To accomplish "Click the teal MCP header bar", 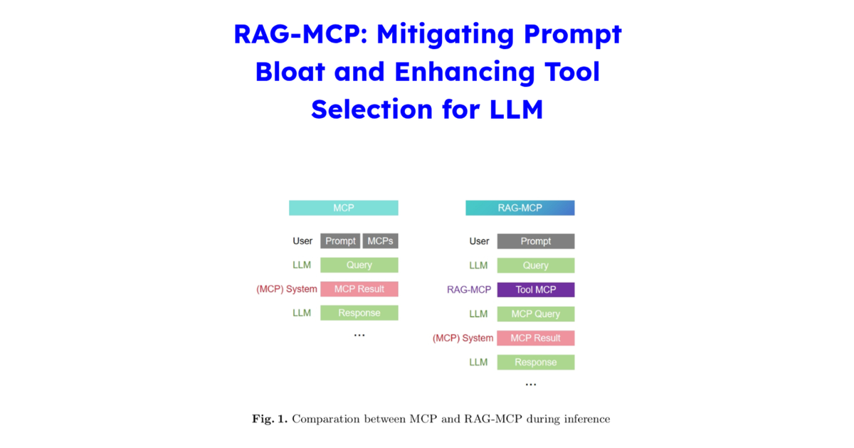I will tap(343, 208).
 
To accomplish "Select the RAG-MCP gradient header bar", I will tap(520, 208).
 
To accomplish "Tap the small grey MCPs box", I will tap(380, 241).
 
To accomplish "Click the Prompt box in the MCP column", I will tap(340, 241).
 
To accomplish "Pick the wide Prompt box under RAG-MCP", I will tap(535, 241).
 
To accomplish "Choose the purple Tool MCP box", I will tap(535, 289).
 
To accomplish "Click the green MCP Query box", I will tap(535, 314).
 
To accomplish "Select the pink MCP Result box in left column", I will tap(359, 289).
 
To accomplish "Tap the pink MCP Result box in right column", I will tap(535, 338).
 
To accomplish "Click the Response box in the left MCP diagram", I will tap(359, 313).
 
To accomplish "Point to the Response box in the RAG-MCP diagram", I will tap(535, 362).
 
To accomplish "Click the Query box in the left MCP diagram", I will tap(359, 265).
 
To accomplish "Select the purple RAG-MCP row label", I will tap(468, 289).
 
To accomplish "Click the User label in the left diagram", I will tap(302, 241).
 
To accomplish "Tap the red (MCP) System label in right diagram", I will tap(463, 338).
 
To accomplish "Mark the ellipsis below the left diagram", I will tap(359, 335).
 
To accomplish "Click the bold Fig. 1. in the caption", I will tap(270, 419).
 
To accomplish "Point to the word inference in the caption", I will tap(584, 419).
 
